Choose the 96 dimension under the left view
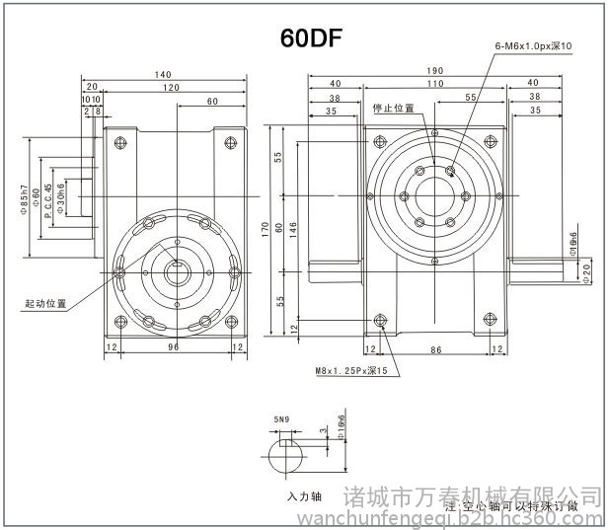pyautogui.click(x=172, y=346)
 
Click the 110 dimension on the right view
pyautogui.click(x=435, y=85)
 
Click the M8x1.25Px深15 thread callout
pyautogui.click(x=351, y=371)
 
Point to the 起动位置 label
pyautogui.click(x=45, y=303)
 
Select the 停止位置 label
pyautogui.click(x=393, y=108)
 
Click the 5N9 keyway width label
pyautogui.click(x=281, y=419)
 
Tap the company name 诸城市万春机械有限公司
pyautogui.click(x=474, y=492)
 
